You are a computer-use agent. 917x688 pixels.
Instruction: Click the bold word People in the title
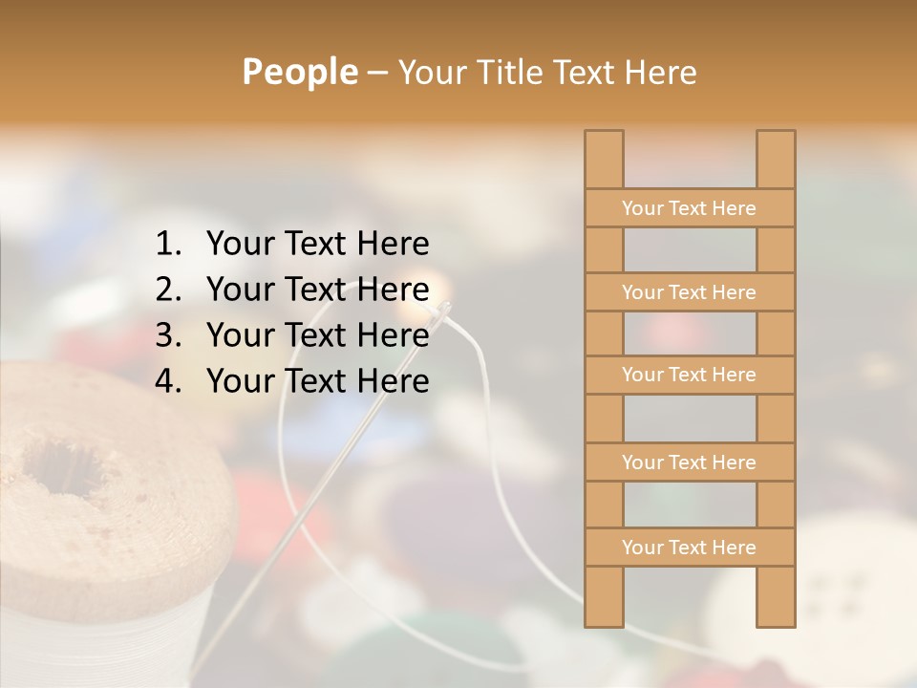299,72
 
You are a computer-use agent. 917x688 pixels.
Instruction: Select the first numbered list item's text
317,245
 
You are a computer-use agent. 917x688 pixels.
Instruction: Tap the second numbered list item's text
317,290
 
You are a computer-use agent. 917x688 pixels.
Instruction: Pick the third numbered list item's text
317,335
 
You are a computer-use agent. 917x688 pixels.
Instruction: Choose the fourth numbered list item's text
317,381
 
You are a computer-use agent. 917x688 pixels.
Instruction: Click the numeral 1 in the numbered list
166,245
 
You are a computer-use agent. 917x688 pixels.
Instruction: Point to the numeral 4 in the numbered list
166,381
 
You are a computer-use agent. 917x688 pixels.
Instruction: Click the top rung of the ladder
689,208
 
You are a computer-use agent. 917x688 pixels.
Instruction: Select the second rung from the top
689,292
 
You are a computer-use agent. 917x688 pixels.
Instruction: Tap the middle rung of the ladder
689,375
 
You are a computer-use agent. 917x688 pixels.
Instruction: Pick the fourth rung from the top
689,462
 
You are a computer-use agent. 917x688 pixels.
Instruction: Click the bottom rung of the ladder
689,548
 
